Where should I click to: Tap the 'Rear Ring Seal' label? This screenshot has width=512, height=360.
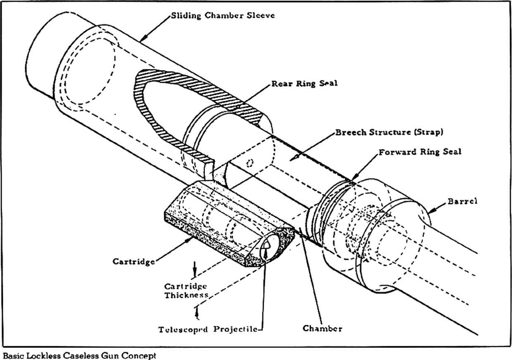coord(305,83)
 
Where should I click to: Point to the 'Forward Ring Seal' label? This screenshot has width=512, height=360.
coord(420,152)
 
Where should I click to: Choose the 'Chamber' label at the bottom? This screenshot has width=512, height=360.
coord(322,329)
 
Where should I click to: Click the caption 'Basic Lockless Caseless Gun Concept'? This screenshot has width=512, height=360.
coord(80,355)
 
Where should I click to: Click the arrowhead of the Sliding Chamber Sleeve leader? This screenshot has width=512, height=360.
coord(142,40)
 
